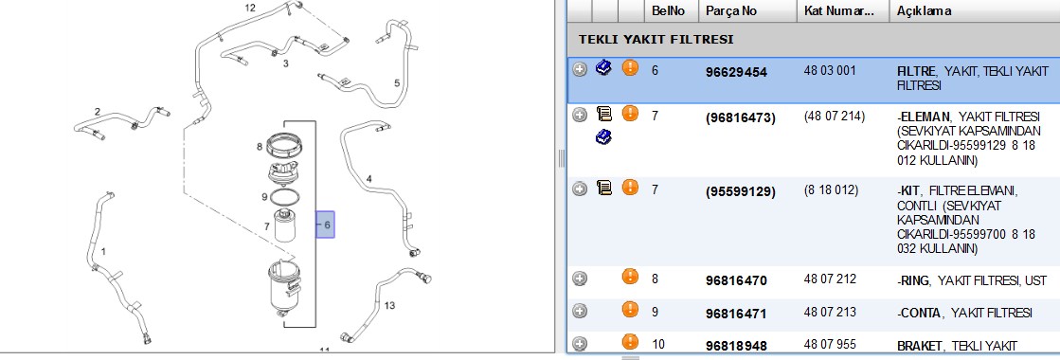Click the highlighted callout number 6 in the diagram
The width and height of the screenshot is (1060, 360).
pyautogui.click(x=325, y=225)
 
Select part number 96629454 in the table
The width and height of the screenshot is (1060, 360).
pyautogui.click(x=736, y=72)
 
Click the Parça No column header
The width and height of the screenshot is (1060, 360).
pyautogui.click(x=731, y=10)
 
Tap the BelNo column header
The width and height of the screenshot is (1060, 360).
pyautogui.click(x=667, y=10)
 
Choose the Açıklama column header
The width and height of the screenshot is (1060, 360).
pyautogui.click(x=925, y=10)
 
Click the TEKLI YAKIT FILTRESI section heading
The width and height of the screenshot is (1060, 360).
pyautogui.click(x=656, y=39)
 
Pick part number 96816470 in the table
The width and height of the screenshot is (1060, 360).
pyautogui.click(x=736, y=280)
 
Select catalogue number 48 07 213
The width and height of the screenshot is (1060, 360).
pyautogui.click(x=830, y=312)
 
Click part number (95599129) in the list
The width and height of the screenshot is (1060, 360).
pyautogui.click(x=740, y=191)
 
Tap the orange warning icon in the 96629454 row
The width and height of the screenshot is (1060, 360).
pyautogui.click(x=630, y=68)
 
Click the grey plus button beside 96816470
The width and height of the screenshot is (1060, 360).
pyautogui.click(x=580, y=279)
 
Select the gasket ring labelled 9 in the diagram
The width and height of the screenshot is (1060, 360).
pyautogui.click(x=283, y=198)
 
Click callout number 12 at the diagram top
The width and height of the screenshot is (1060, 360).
pyautogui.click(x=250, y=9)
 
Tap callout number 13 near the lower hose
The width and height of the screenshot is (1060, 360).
pyautogui.click(x=389, y=306)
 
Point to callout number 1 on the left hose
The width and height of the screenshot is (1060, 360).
pyautogui.click(x=103, y=252)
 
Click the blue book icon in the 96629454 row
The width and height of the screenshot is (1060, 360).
pyautogui.click(x=603, y=67)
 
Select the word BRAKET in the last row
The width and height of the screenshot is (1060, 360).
pyautogui.click(x=919, y=346)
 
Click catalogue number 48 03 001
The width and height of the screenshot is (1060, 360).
pyautogui.click(x=831, y=70)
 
